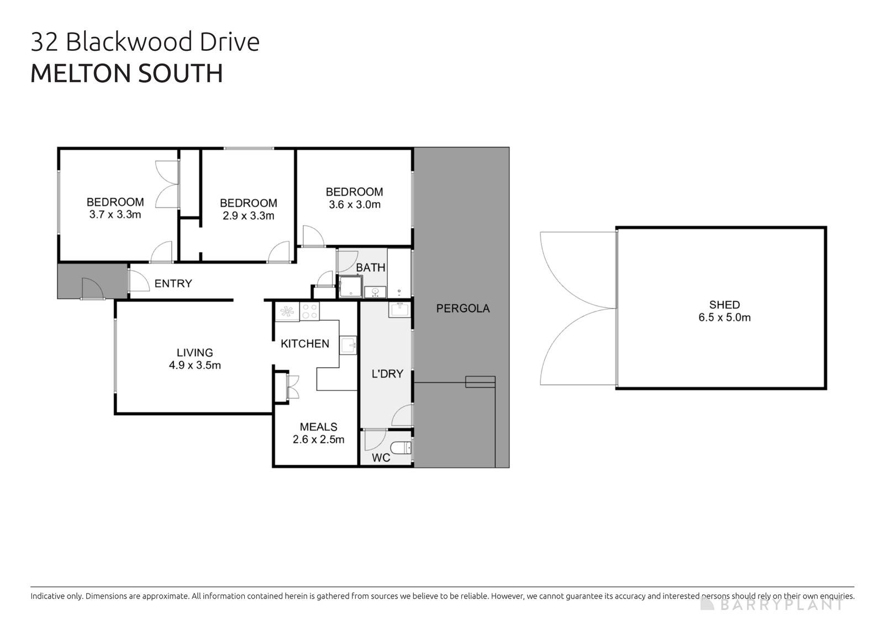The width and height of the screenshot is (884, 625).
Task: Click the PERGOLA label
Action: point(462,309)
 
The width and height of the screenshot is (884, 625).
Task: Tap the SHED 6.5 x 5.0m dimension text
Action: point(724,317)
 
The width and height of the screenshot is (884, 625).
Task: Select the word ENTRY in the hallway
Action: point(173,284)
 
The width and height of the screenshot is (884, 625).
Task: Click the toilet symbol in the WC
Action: point(401,447)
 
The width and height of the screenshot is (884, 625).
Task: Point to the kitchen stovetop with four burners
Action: point(309,312)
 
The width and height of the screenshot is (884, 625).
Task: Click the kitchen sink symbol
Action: point(348,346)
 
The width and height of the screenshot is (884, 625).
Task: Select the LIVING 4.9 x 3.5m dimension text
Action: point(194,365)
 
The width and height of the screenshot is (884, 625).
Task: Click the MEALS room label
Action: point(318,427)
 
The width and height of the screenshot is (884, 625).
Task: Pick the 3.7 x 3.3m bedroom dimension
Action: point(115,215)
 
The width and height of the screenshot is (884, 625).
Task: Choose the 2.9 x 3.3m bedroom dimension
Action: point(248,216)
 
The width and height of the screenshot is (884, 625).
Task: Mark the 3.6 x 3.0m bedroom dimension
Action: point(354,205)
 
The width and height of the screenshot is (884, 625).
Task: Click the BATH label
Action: point(370,268)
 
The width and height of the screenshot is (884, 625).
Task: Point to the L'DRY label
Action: point(387,374)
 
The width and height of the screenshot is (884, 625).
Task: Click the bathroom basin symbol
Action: point(375,291)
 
